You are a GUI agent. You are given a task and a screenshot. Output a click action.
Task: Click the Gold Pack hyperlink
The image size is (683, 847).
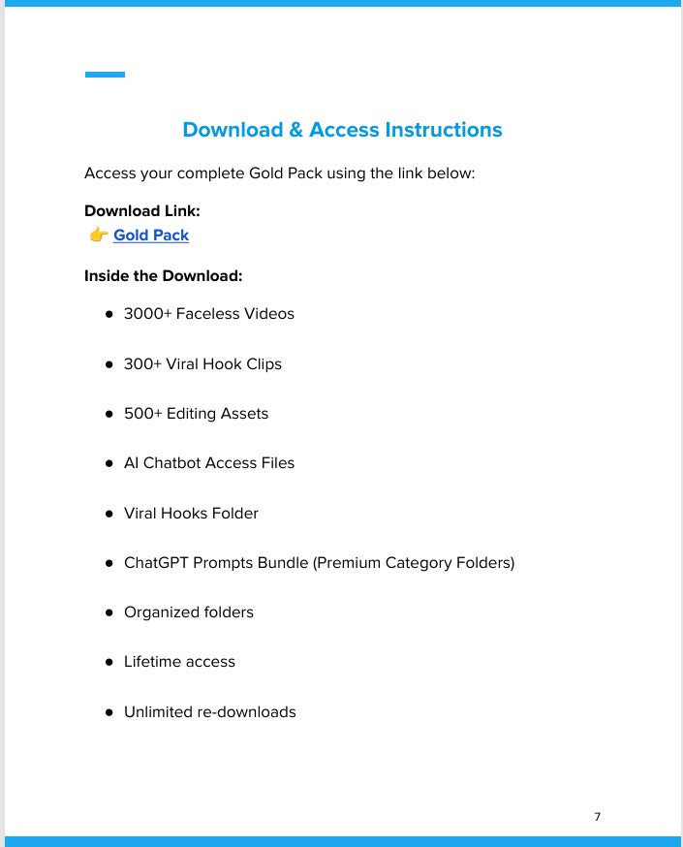point(151,235)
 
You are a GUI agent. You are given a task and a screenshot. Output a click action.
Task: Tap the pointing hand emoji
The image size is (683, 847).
point(98,235)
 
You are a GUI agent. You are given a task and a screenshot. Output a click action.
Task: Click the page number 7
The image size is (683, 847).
point(597,817)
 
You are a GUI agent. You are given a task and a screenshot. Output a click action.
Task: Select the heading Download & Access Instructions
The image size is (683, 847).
point(342,130)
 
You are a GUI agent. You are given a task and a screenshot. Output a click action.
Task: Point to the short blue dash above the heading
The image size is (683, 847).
point(105,75)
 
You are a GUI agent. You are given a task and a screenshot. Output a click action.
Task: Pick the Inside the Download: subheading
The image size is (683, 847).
point(163,276)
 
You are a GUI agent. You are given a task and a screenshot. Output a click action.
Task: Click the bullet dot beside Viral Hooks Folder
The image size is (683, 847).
point(109,514)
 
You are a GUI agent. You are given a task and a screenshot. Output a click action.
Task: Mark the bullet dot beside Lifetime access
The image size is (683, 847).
point(109,662)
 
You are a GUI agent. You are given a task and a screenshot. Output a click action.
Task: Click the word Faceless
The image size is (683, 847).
point(206,314)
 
